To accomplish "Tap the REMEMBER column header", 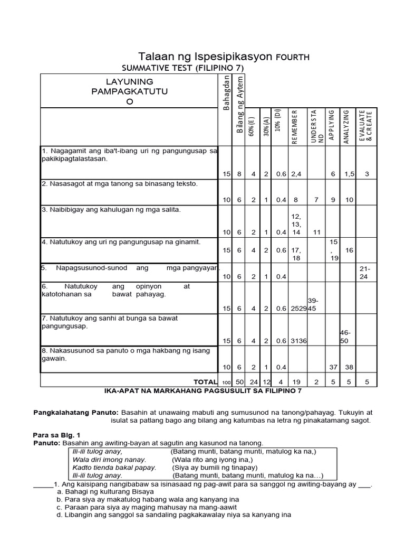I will (295, 126).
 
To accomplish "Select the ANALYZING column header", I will (346, 126).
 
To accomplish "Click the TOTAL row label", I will (205, 381).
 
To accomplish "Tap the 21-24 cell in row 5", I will (365, 273).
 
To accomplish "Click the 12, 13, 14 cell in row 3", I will (295, 224).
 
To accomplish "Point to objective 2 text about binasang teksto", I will (119, 184).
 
